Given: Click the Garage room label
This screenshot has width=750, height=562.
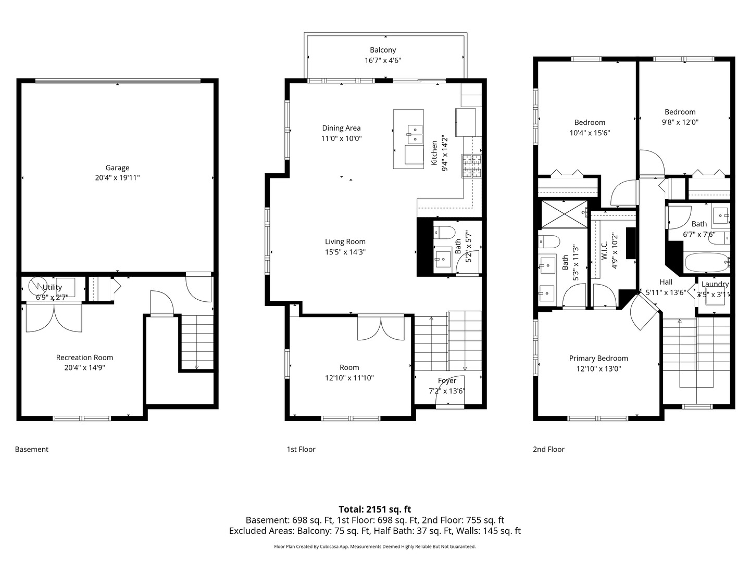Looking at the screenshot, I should (x=117, y=168).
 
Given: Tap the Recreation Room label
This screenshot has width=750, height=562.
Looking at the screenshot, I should (x=84, y=357).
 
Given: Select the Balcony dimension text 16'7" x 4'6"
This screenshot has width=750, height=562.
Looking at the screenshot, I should (x=383, y=60).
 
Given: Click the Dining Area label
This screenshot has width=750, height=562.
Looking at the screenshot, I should (x=341, y=128).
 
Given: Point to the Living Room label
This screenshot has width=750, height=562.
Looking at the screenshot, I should (x=345, y=241).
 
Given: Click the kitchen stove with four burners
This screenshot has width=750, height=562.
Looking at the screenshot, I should (x=472, y=166).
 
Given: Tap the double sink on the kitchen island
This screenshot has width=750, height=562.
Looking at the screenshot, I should (x=415, y=134).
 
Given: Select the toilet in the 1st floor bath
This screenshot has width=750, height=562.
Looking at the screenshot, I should (x=444, y=232).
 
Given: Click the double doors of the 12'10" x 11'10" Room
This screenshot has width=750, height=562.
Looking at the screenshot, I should (x=381, y=328).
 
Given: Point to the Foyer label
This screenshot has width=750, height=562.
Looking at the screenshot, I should (x=447, y=381).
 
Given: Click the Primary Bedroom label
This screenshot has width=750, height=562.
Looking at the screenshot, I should (x=598, y=358).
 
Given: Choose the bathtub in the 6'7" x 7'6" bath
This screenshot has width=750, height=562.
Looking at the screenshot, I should (x=706, y=262).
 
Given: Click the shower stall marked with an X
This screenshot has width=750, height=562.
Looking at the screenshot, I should (x=564, y=214).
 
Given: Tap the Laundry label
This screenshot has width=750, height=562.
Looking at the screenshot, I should (x=715, y=284).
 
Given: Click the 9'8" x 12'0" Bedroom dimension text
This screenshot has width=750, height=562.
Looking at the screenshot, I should (x=680, y=122).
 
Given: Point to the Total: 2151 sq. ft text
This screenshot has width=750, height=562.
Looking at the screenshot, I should (x=374, y=509).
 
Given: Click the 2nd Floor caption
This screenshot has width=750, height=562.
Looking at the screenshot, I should (x=548, y=449).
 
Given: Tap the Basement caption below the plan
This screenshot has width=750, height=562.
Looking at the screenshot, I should (x=31, y=449).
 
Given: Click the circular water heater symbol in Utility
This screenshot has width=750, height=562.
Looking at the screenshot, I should (x=37, y=286).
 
